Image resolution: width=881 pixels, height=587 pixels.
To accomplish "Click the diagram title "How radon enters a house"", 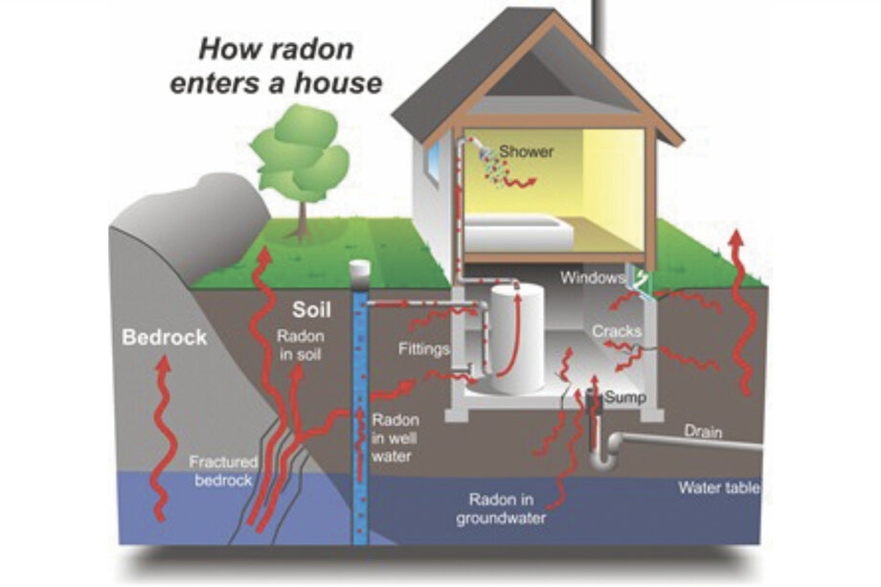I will [276, 64].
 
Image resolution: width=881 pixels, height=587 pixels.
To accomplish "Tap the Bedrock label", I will [164, 338].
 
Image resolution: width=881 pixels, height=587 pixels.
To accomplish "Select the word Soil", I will [311, 310].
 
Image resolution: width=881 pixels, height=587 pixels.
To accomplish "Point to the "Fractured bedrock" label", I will [223, 470].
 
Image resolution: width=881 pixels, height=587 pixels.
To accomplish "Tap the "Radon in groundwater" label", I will [508, 508].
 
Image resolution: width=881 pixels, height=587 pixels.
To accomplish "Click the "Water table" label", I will [719, 487].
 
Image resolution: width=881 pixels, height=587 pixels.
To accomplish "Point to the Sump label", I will [623, 396].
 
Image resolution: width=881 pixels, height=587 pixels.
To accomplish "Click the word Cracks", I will [616, 330].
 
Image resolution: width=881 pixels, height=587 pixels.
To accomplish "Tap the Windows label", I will [592, 278].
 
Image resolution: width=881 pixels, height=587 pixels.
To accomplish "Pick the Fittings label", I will [424, 349].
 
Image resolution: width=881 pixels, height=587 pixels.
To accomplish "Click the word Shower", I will [526, 151].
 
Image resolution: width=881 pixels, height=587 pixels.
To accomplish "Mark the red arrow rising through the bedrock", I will [162, 431].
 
